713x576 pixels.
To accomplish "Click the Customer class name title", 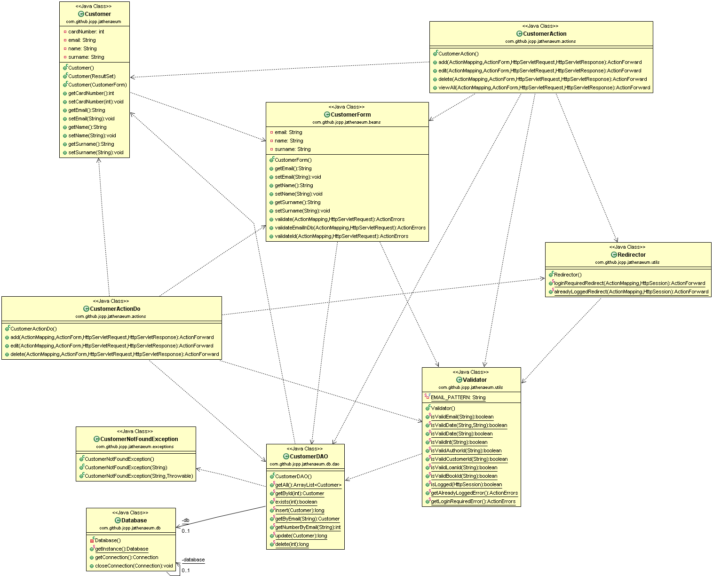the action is pos(97,14).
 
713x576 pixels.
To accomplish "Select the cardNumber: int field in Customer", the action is pos(86,32).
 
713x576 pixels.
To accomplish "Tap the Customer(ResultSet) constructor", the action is pos(92,76).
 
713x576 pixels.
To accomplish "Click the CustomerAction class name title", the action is pos(545,34).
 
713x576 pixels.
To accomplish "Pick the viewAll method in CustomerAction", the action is pos(544,87).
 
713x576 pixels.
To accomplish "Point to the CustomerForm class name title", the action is pos(350,114).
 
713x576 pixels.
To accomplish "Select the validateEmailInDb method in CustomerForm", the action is pos(350,228).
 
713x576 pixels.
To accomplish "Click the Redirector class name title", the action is pos(631,255).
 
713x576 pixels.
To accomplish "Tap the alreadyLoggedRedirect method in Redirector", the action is pos(631,292).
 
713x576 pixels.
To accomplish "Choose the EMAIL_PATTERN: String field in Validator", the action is pos(458,398).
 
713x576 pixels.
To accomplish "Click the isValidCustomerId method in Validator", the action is pos(469,459).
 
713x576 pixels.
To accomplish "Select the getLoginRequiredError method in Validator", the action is pos(473,501).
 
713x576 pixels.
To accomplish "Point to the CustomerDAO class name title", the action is pos(309,457).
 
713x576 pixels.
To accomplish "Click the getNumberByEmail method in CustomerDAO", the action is pos(308,528).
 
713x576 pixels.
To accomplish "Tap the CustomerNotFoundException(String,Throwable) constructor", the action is pos(139,476).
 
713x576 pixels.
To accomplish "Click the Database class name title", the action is pos(134,521).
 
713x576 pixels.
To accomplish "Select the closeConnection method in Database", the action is pos(134,566).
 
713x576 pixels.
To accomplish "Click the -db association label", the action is pos(185,521).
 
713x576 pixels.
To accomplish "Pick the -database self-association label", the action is pos(193,560).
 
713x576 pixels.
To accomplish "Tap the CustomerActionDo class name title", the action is pos(115,309).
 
